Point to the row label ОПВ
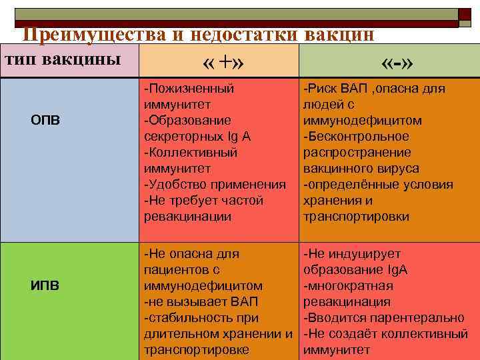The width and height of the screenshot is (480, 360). click(46, 121)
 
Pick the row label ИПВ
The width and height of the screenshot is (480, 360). click(45, 286)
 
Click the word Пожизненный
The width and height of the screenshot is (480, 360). click(191, 89)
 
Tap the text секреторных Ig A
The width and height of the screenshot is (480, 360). click(197, 137)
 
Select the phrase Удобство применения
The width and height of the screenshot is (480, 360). click(216, 185)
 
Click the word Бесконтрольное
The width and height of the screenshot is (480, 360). click(357, 137)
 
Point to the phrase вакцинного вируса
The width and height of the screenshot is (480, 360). click(361, 169)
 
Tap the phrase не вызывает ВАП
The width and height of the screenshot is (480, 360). click(201, 302)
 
